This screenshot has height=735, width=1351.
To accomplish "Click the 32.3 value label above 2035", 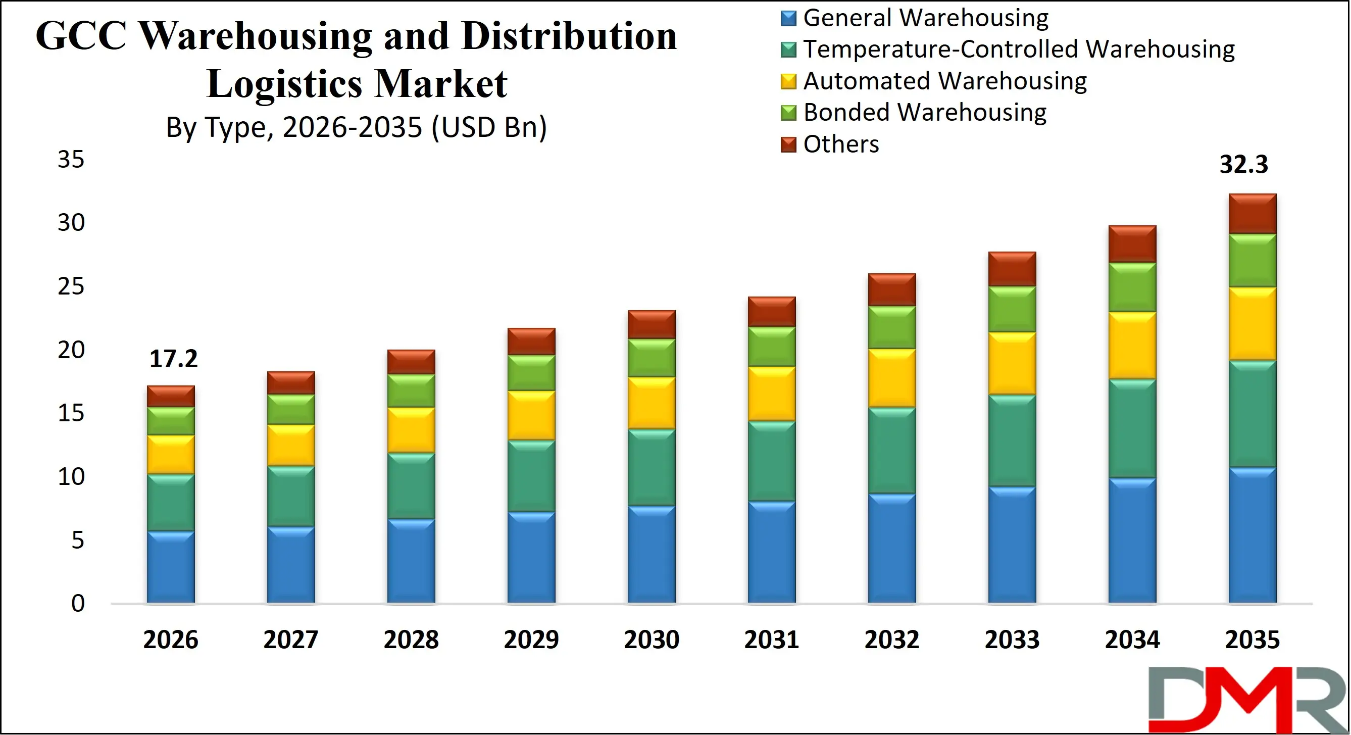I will (x=1243, y=164).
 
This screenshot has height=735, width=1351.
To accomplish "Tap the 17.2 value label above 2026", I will (x=173, y=359).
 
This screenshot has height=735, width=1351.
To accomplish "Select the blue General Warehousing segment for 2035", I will (x=1252, y=535).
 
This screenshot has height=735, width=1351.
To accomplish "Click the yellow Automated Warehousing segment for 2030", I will (x=652, y=403).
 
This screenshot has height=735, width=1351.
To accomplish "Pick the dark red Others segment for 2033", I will (x=1012, y=269).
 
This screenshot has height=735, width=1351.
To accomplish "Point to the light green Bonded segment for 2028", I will (x=411, y=391).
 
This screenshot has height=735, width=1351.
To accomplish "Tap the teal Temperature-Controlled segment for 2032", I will (x=891, y=450).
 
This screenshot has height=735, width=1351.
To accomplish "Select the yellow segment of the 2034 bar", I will (x=1132, y=345).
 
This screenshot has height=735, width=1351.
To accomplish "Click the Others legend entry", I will (x=840, y=144).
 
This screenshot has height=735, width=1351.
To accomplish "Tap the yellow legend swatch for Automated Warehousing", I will (x=788, y=81).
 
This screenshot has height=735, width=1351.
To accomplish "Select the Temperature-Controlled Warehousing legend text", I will (x=1019, y=50).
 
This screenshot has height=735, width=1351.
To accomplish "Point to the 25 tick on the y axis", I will (x=71, y=286).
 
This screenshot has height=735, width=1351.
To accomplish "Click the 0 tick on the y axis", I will (x=78, y=603).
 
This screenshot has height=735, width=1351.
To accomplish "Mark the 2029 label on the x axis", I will (x=531, y=640).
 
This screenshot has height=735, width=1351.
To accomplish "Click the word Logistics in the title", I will (x=284, y=84).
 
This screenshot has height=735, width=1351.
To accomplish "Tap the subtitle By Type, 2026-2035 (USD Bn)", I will (x=356, y=127).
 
